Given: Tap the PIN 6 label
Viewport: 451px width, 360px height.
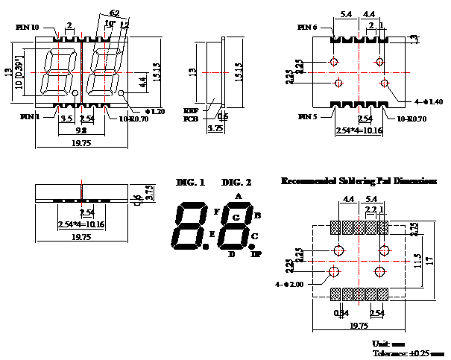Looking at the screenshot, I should click(308, 28).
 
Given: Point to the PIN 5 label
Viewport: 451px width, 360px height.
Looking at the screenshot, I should click(308, 117).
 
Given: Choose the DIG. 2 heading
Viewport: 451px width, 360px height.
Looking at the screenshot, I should click(236, 183).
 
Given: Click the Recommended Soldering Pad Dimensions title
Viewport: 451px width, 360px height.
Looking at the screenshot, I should click(358, 181).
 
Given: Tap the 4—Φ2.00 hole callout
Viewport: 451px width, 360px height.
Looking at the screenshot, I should click(288, 284).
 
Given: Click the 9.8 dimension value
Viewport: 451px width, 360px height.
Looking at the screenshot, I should click(81, 130).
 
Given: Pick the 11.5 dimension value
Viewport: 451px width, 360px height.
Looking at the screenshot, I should click(419, 261).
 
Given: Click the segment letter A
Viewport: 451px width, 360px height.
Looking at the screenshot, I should click(238, 196).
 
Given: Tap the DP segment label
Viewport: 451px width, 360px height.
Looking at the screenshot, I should click(256, 255).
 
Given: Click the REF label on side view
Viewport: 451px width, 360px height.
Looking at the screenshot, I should click(190, 110).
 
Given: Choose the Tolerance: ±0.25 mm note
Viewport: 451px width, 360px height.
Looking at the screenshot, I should click(407, 352).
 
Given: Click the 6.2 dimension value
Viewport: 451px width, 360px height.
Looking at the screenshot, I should click(114, 13).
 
